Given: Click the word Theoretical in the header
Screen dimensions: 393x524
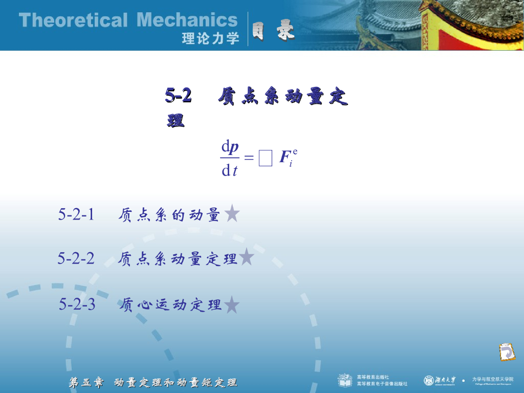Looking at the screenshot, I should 73,20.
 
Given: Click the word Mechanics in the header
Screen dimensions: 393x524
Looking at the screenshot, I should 187,20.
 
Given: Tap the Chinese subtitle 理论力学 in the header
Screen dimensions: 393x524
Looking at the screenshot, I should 210,38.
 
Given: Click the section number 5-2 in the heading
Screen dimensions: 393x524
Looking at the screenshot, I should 179,95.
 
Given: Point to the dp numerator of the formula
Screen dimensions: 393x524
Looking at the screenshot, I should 230,148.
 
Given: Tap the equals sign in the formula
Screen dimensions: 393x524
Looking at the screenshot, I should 249,159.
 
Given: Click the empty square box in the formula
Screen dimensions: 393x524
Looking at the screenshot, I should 265,159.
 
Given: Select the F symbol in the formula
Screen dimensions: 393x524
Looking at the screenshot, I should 285,158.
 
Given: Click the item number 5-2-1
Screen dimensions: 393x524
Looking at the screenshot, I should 76,214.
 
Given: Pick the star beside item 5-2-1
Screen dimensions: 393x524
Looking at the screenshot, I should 232,213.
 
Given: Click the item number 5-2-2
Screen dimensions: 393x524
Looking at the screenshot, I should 76,258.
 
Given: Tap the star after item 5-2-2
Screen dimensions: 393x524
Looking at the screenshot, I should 247,257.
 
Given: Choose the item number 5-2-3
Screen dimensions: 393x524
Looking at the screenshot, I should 77,304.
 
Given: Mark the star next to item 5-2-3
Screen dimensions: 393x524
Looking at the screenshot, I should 232,304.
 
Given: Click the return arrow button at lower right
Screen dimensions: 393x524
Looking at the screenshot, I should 507,352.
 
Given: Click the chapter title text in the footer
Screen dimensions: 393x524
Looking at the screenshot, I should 153,382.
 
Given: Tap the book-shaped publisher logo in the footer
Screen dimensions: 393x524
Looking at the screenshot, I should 344,380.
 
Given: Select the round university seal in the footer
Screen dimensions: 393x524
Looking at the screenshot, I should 429,380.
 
